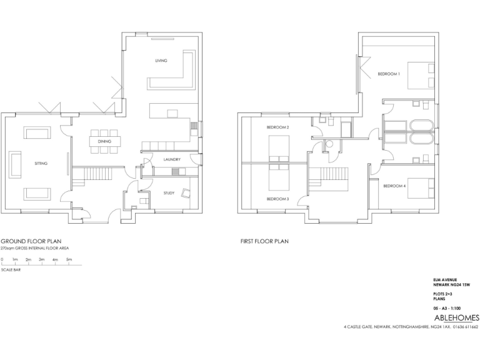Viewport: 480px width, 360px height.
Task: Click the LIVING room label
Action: (161, 61)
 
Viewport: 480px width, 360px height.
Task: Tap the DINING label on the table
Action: (104, 142)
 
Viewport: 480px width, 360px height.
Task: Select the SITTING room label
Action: (41, 163)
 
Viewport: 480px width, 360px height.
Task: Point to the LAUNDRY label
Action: (172, 159)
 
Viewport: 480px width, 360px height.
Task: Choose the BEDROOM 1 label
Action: (388, 74)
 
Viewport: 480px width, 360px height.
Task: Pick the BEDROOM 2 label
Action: (277, 127)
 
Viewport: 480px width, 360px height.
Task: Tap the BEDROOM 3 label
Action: (277, 199)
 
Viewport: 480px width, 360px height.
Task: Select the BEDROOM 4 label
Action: (394, 186)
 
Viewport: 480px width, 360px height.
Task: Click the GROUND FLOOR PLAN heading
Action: (31, 241)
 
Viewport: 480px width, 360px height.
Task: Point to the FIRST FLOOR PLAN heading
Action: (264, 241)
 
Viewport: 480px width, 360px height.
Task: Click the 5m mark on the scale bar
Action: (69, 259)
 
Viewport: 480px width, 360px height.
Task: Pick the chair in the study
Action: (186, 193)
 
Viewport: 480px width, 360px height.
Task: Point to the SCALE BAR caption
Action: (10, 270)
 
